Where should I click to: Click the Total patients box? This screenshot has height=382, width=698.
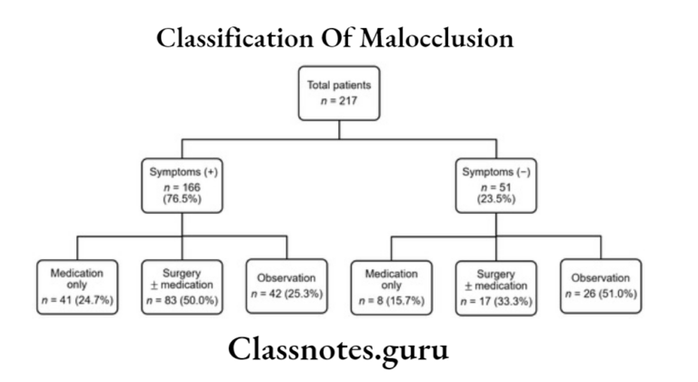(339, 93)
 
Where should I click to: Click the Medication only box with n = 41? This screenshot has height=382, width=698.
(77, 286)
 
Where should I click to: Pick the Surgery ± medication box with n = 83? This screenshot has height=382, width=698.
(182, 286)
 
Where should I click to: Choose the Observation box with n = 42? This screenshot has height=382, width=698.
(287, 286)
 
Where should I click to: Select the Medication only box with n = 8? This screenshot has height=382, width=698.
(392, 286)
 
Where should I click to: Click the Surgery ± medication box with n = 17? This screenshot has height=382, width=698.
(496, 286)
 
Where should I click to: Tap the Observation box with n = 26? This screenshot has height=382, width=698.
(601, 286)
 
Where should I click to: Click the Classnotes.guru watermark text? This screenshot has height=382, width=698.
(337, 349)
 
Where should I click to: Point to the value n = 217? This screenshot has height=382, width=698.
(339, 101)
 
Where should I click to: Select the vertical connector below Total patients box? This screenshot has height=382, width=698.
(339, 129)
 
